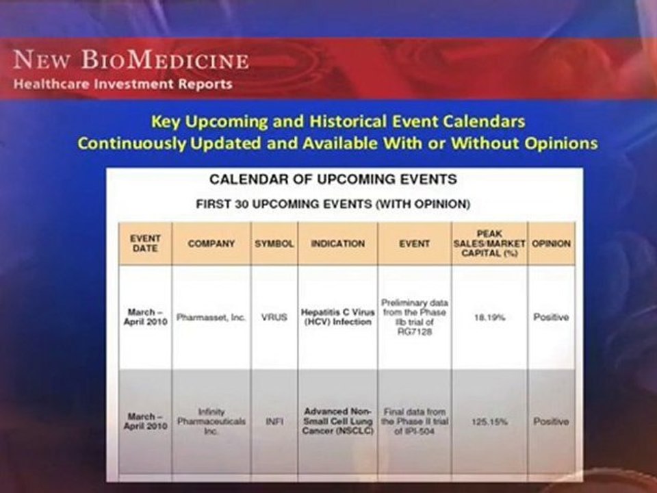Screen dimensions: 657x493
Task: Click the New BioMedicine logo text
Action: (x=131, y=60)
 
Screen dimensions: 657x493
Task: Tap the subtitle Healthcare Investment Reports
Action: (x=123, y=84)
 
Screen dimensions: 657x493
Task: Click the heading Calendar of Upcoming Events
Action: (x=333, y=179)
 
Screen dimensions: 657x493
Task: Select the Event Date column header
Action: (x=145, y=244)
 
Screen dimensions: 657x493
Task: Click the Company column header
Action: (x=211, y=244)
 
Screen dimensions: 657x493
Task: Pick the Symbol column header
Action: (x=274, y=244)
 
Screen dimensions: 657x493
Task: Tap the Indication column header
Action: (x=337, y=244)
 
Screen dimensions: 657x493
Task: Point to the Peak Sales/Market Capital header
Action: (x=489, y=244)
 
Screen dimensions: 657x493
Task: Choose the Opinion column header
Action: (x=551, y=244)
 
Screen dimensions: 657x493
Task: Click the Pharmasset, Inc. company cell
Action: (x=211, y=317)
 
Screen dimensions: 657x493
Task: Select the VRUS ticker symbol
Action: (x=274, y=317)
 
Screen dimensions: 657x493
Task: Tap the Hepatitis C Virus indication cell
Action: (x=337, y=317)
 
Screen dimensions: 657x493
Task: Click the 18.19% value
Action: (x=489, y=317)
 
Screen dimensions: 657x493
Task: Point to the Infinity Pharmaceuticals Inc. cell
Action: (x=211, y=421)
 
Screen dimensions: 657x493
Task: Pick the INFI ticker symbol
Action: (x=274, y=421)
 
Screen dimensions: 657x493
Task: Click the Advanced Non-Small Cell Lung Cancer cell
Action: (x=337, y=421)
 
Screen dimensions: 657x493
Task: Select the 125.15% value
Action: (x=489, y=421)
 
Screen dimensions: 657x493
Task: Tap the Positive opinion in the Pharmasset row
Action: (x=551, y=317)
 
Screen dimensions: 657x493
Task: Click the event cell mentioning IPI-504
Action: (x=415, y=421)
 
